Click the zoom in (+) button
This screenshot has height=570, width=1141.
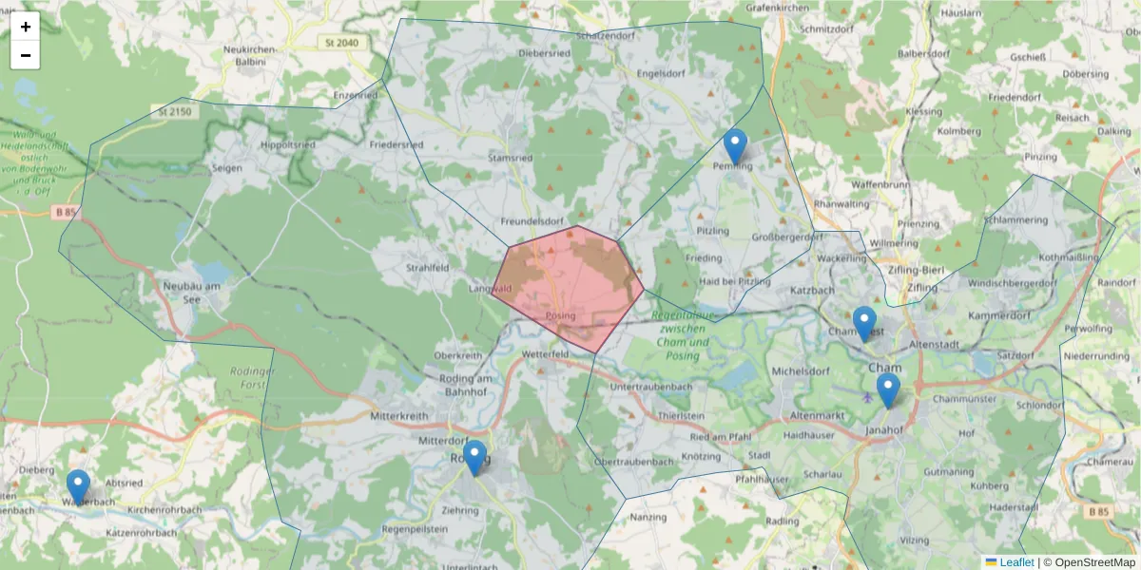[26, 27]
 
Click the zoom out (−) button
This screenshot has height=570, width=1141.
[26, 55]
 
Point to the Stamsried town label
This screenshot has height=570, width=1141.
[510, 158]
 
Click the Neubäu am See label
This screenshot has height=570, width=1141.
[191, 286]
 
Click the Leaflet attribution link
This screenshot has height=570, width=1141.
[1016, 562]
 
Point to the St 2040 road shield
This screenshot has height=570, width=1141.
[341, 43]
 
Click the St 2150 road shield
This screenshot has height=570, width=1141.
[176, 111]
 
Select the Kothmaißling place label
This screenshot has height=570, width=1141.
[1069, 257]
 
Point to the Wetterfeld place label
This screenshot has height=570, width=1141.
[545, 354]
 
